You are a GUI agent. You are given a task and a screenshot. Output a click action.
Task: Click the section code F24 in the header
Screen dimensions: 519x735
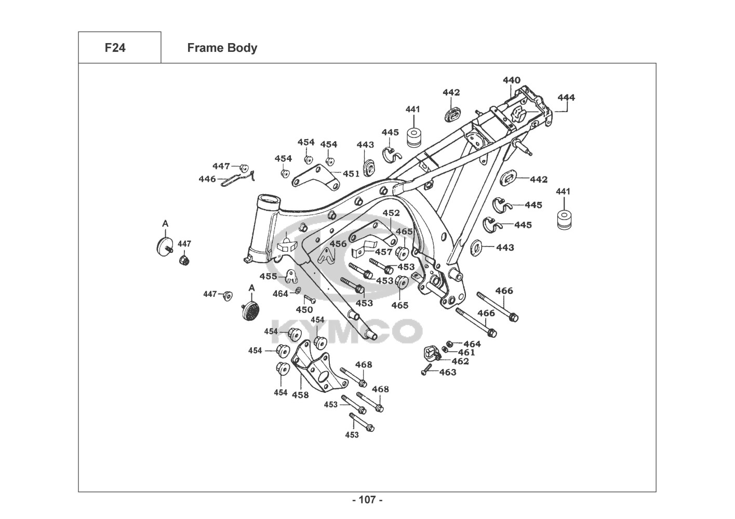pos(115,48)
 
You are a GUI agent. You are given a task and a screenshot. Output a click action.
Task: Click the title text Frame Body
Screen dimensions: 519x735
pos(222,48)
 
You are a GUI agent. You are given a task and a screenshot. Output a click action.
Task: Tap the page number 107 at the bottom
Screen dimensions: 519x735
pos(367,500)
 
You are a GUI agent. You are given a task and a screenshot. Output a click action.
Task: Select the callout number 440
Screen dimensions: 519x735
pos(511,80)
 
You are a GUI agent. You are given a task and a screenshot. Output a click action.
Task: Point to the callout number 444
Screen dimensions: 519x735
pos(566,97)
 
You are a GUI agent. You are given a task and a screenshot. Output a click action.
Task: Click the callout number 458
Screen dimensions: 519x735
pos(300,394)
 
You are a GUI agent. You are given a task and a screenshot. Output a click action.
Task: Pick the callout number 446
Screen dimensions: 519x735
pos(207,179)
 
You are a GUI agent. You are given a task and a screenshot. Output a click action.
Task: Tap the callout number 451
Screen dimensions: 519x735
pos(351,174)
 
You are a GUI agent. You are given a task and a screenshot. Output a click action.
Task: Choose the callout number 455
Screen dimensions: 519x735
pos(268,277)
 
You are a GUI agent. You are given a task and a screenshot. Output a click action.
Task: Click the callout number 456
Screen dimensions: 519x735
pos(338,244)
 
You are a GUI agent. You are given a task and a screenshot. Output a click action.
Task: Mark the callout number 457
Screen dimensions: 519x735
pos(384,252)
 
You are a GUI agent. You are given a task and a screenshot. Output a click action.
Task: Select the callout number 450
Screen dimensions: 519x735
pos(304,310)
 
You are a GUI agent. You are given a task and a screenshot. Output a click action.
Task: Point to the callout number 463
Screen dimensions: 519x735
pos(448,372)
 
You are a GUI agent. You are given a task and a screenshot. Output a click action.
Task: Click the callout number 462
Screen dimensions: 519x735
pos(460,361)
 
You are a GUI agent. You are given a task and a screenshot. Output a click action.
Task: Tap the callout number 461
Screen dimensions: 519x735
pos(466,352)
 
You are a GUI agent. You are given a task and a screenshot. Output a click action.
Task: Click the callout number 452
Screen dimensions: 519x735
pos(391,213)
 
